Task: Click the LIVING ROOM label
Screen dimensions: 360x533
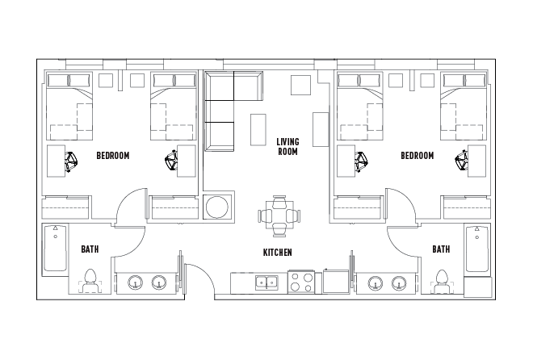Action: tap(287, 146)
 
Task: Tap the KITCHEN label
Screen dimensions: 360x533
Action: tap(277, 253)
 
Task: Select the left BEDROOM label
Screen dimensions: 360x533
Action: tap(112, 156)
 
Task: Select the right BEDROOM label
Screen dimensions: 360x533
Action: tap(417, 156)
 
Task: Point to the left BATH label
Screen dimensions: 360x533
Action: tap(90, 249)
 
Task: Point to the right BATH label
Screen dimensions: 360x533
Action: tap(440, 249)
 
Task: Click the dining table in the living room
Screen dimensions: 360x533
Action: tap(279, 216)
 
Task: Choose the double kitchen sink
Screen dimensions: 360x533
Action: tap(266, 283)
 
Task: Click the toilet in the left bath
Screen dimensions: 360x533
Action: tap(90, 279)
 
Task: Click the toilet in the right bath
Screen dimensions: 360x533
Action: tap(441, 279)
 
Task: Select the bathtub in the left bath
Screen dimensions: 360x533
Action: tap(55, 249)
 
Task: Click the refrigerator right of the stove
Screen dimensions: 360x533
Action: tap(334, 283)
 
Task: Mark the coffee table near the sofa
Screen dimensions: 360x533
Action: tap(258, 129)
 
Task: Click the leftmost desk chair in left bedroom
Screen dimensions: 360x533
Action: tap(71, 161)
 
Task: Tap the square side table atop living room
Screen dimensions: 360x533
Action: tap(300, 86)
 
